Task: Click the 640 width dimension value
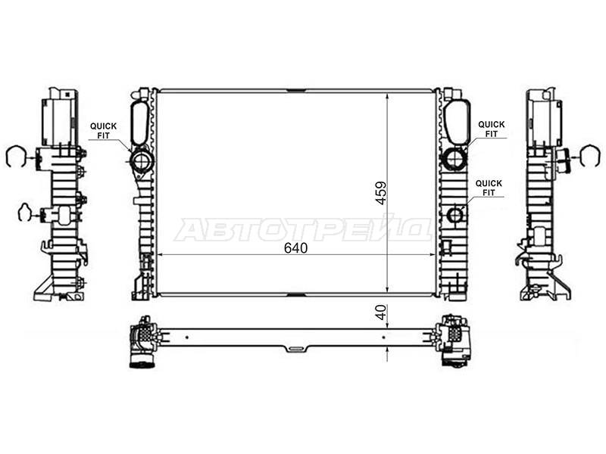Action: pos(295,248)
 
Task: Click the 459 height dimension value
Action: pos(381,193)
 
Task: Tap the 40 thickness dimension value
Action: pos(381,313)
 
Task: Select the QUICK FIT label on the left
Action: pos(103,131)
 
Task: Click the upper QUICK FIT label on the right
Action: pos(491,129)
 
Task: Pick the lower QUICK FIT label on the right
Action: pos(489,188)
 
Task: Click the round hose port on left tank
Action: pos(142,161)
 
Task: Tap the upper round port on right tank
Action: pos(454,158)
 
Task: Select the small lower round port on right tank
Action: pos(455,214)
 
